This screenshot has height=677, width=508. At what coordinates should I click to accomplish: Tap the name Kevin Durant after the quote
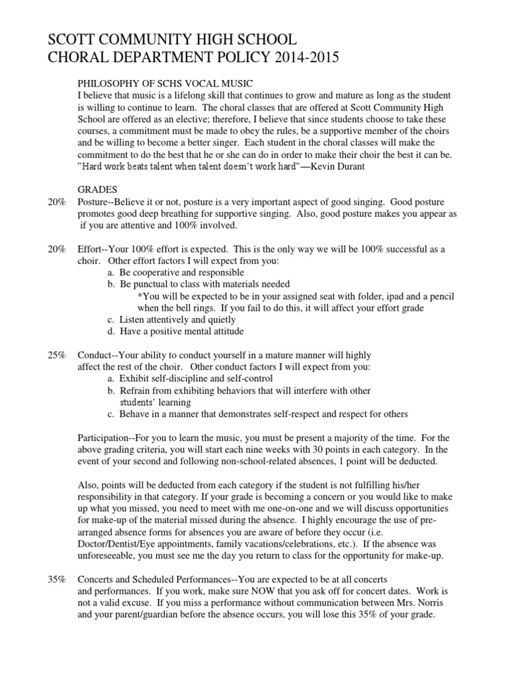(336, 166)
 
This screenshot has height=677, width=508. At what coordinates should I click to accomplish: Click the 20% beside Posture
(56, 201)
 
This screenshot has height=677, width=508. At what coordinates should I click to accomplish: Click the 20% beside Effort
(56, 249)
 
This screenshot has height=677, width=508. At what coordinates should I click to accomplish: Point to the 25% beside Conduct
(56, 355)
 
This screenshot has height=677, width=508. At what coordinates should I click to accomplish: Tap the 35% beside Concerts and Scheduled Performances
(56, 579)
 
